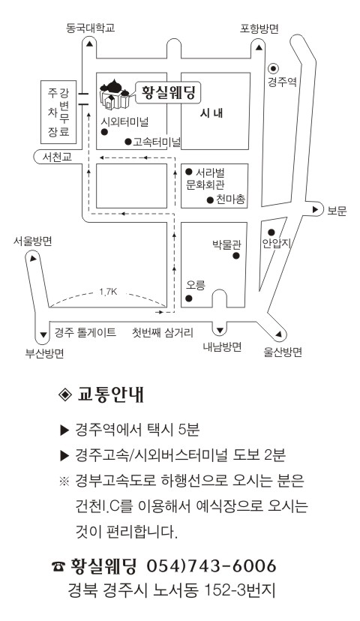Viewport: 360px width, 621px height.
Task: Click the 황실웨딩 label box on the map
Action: [x=168, y=93]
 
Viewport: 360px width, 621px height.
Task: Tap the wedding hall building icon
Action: [x=115, y=94]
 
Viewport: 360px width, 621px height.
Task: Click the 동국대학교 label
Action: [x=90, y=28]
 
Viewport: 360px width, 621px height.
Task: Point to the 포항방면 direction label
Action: [x=259, y=28]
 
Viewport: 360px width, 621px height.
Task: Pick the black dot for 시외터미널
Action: [x=104, y=132]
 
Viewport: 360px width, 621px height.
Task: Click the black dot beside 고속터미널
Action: [x=128, y=142]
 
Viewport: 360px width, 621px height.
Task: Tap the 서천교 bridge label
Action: [x=58, y=157]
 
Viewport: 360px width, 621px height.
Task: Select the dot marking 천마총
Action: [x=210, y=200]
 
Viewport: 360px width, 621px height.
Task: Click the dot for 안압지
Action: [x=271, y=232]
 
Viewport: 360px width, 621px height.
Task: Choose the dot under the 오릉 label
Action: [x=189, y=298]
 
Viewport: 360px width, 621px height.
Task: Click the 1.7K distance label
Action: [x=108, y=292]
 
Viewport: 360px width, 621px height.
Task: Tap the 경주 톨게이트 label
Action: [x=85, y=332]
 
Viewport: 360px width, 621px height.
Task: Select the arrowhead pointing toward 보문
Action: [x=316, y=209]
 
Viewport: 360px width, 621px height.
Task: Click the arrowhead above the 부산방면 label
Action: [x=43, y=335]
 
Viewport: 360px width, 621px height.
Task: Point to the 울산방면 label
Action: [x=283, y=352]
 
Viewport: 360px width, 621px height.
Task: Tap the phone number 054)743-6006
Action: [x=211, y=566]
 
